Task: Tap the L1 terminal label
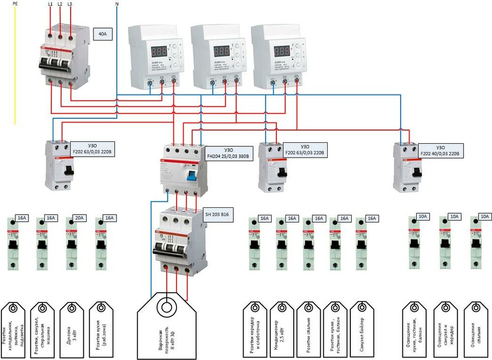click(49, 4)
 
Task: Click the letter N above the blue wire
click(116, 4)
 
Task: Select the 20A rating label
click(79, 218)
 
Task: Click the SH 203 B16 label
click(220, 214)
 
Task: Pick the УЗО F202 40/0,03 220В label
click(441, 151)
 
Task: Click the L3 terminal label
click(70, 4)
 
